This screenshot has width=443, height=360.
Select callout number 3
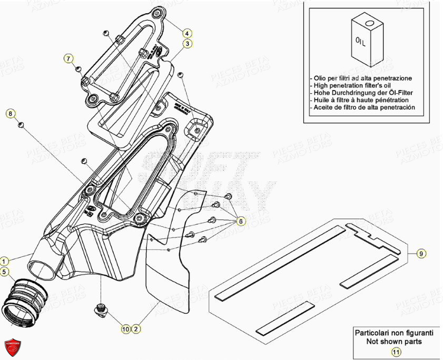point(188,44)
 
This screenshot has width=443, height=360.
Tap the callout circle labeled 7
point(69,58)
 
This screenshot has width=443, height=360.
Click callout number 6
point(240,222)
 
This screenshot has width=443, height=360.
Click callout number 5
point(4,272)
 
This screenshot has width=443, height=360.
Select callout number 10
point(125,329)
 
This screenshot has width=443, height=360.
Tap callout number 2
point(136,329)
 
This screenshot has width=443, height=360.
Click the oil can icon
point(364,39)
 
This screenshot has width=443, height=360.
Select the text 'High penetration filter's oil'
point(358,85)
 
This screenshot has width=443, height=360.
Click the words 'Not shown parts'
point(394,341)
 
